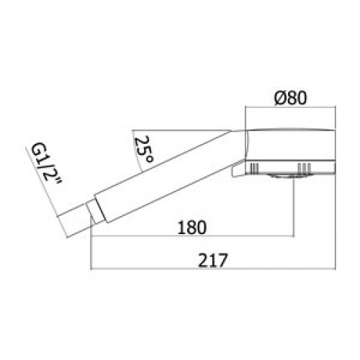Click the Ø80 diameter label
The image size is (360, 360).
[291, 98]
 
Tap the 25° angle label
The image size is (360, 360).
[144, 149]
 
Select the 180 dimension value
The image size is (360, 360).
[192, 228]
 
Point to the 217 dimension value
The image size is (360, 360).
[212, 261]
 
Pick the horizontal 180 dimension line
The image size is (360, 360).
[192, 236]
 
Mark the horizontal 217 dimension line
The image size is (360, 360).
[213, 269]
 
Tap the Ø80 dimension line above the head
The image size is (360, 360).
[290, 107]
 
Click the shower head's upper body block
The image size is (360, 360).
[291, 145]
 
